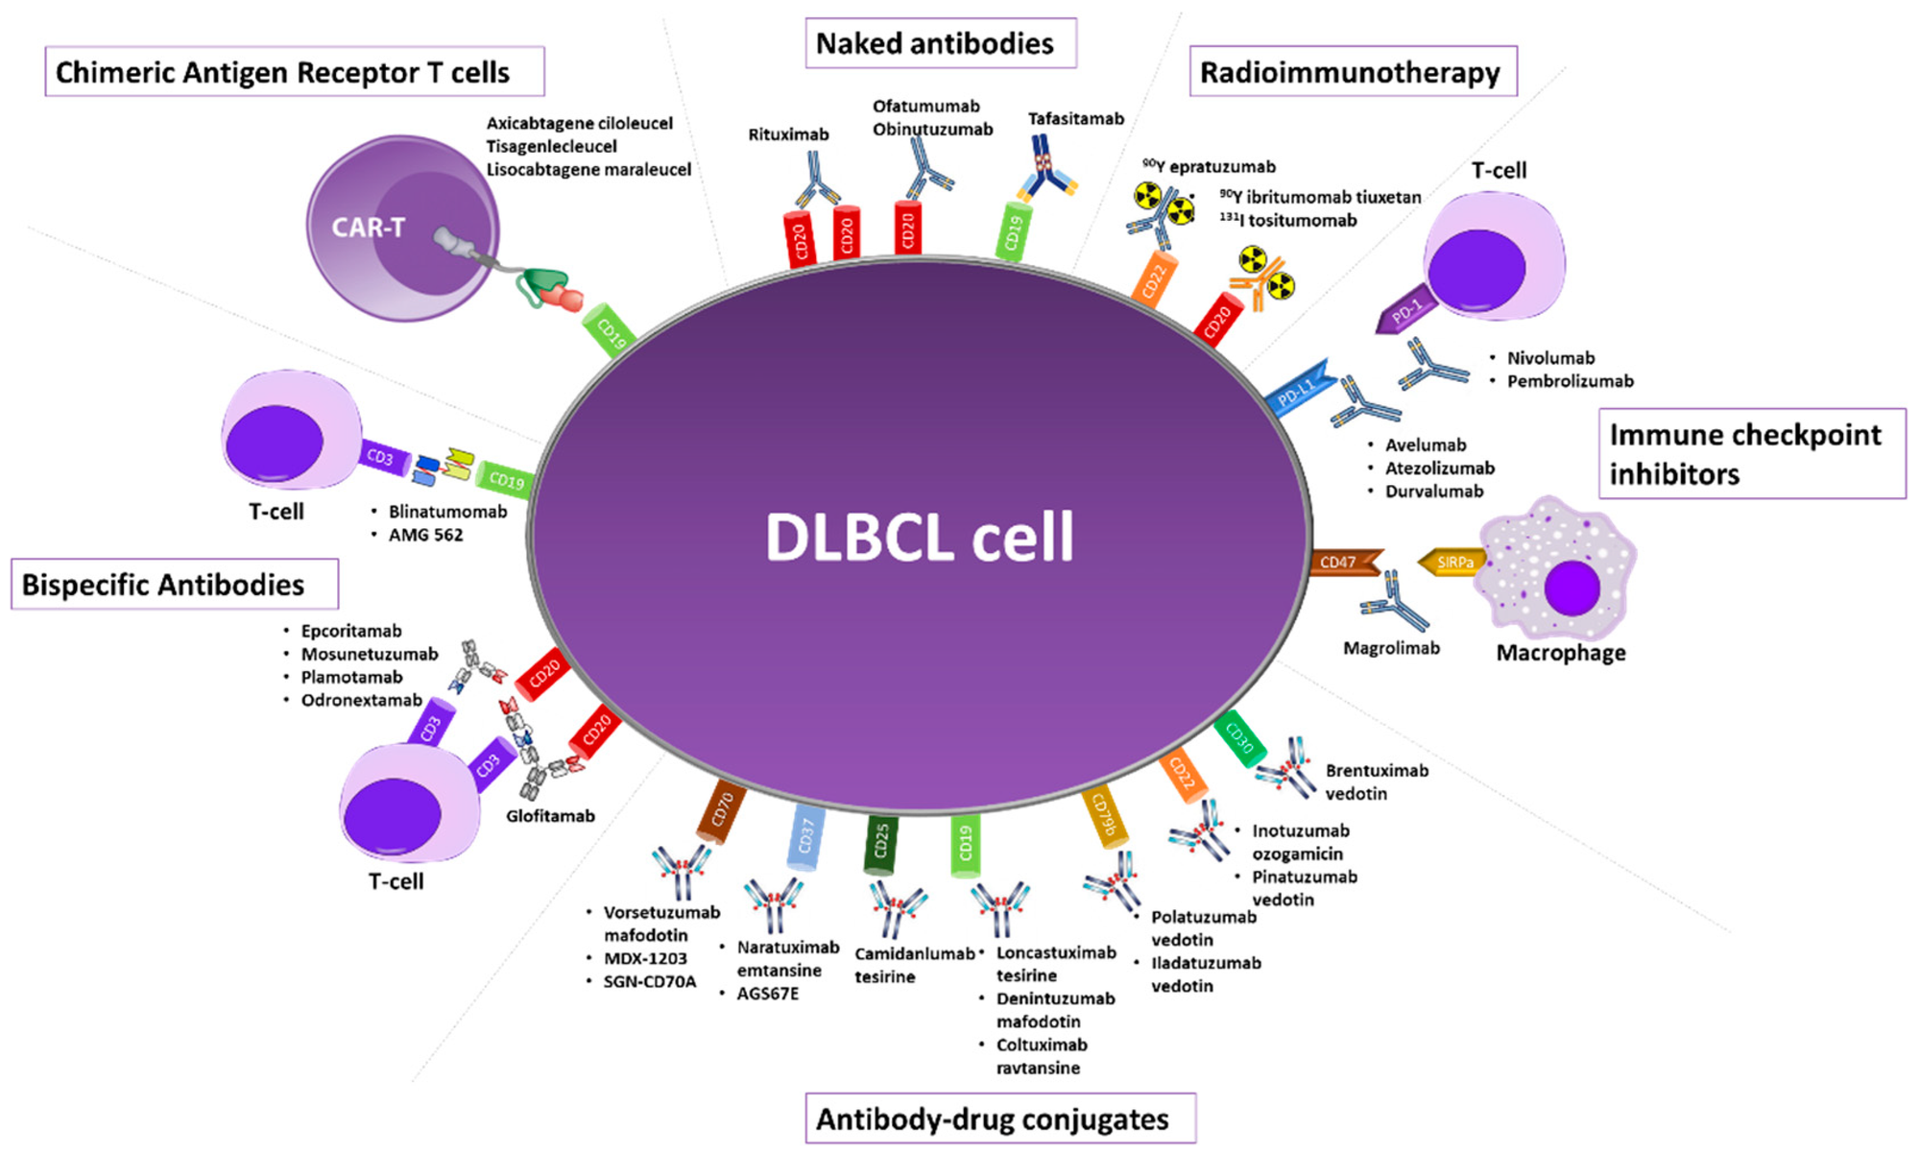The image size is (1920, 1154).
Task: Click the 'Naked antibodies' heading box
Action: [940, 44]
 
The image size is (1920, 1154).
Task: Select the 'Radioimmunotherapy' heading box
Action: [1352, 73]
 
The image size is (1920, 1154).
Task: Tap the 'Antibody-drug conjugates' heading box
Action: [999, 1119]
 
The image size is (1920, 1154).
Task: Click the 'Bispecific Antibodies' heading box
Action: [174, 585]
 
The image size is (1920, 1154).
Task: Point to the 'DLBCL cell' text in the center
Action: [919, 537]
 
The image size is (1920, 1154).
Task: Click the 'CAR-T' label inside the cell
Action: [368, 228]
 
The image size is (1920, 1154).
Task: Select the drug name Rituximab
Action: [788, 134]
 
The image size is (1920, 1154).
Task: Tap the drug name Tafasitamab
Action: [1075, 119]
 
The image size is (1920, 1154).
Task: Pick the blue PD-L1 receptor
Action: [1299, 390]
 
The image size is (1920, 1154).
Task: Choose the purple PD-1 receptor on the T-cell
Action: [1404, 311]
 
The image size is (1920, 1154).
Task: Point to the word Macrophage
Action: [1561, 654]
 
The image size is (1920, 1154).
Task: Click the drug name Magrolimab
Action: [1391, 649]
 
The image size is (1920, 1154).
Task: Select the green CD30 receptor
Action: [1239, 739]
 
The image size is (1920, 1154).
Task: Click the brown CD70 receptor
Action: [722, 811]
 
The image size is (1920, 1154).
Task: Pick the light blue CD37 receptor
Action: [805, 837]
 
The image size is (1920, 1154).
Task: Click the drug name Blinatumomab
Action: [447, 512]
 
